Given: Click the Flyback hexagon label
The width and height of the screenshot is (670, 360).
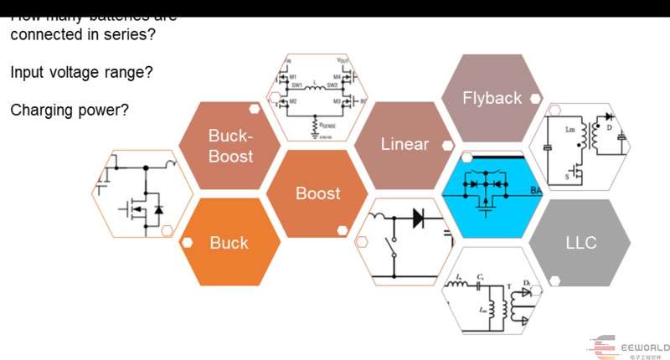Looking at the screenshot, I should [x=492, y=98].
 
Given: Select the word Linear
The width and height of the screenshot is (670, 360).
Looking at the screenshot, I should [x=405, y=144].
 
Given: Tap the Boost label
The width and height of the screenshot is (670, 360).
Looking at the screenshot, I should [x=318, y=193].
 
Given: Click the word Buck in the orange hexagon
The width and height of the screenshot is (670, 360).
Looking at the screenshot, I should [x=229, y=243].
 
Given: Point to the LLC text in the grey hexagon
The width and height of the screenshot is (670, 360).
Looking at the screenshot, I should [x=580, y=243].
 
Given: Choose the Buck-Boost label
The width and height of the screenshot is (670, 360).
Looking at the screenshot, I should [x=230, y=146].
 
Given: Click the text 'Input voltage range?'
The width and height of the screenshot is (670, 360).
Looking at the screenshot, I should [x=81, y=73].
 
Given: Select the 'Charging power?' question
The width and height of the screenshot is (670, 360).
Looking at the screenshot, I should [x=70, y=110].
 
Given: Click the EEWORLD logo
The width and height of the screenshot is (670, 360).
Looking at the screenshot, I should [x=628, y=347].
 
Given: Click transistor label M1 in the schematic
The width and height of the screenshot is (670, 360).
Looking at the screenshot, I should [x=293, y=76].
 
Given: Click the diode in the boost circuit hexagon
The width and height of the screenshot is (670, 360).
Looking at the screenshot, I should [x=417, y=217].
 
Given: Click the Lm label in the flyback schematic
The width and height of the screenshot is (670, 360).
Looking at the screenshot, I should [x=570, y=129].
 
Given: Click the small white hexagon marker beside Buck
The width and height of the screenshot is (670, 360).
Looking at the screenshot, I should [x=188, y=243].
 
